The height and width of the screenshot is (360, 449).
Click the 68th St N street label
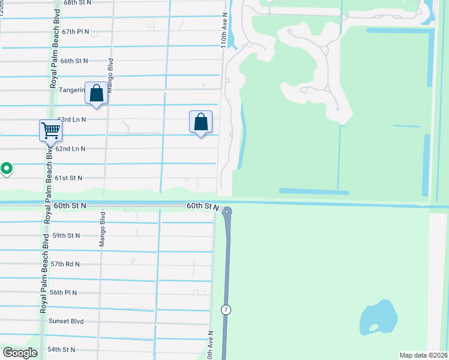coord(77,2)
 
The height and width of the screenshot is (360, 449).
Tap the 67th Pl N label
coord(75,31)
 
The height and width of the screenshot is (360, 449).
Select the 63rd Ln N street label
coord(71,119)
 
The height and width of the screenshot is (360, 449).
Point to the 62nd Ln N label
coord(70,148)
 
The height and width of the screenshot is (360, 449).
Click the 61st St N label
coord(68,178)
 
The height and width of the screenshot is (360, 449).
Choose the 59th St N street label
coord(66,235)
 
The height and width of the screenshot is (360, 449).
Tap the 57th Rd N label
coord(65,263)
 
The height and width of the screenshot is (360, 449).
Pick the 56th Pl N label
coord(64,292)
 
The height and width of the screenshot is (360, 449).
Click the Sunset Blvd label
coord(66,321)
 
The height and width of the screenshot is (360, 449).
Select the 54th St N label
coord(61,349)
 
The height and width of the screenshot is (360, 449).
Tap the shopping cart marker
coord(51,130)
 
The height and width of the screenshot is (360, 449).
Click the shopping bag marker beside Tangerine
coord(96,94)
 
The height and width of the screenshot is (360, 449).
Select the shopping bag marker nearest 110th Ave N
coord(200,122)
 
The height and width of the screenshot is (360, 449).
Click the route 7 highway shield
coord(225,310)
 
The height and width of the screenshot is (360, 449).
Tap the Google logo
coord(20,353)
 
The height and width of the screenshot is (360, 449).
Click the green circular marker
coord(6,169)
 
